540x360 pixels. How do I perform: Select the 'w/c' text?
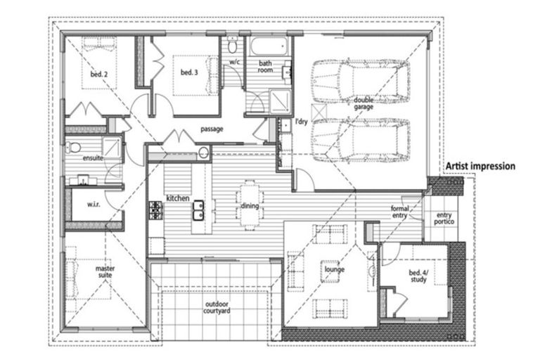[235, 63]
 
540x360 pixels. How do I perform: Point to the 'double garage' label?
[364, 103]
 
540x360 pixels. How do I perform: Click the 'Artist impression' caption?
[481, 167]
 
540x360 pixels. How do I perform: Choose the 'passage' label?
[212, 130]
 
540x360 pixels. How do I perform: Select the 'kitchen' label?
[176, 199]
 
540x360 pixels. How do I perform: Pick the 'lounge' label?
[333, 269]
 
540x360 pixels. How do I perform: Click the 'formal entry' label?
[399, 212]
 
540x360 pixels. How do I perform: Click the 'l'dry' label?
[301, 122]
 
